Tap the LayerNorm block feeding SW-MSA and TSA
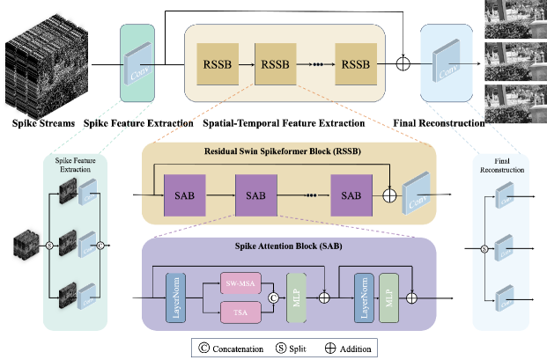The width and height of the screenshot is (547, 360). (174, 298)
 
